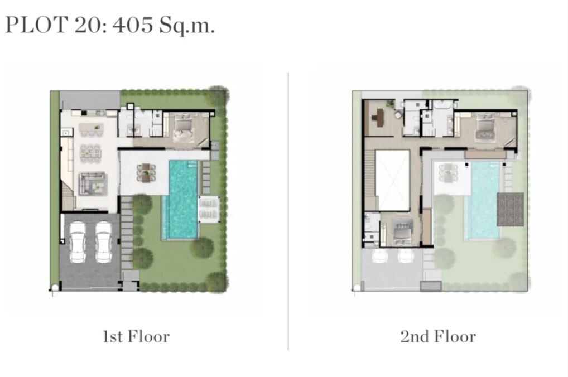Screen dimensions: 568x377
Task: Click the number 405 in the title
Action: (132, 25)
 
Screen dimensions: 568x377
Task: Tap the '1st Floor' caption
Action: (136, 336)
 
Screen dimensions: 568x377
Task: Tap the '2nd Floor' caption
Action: (438, 336)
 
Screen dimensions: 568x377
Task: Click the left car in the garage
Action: (78, 242)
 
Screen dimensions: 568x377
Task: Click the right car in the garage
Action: (104, 242)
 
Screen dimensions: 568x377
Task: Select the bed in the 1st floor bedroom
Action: (184, 127)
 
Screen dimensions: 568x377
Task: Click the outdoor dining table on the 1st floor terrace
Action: (146, 173)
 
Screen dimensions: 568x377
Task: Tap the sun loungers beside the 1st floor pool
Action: (209, 209)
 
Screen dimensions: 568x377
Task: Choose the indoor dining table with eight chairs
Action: (90, 152)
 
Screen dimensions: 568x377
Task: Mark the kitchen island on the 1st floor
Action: (91, 128)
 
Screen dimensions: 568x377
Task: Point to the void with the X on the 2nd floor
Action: (392, 180)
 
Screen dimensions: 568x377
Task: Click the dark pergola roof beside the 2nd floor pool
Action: (510, 209)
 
